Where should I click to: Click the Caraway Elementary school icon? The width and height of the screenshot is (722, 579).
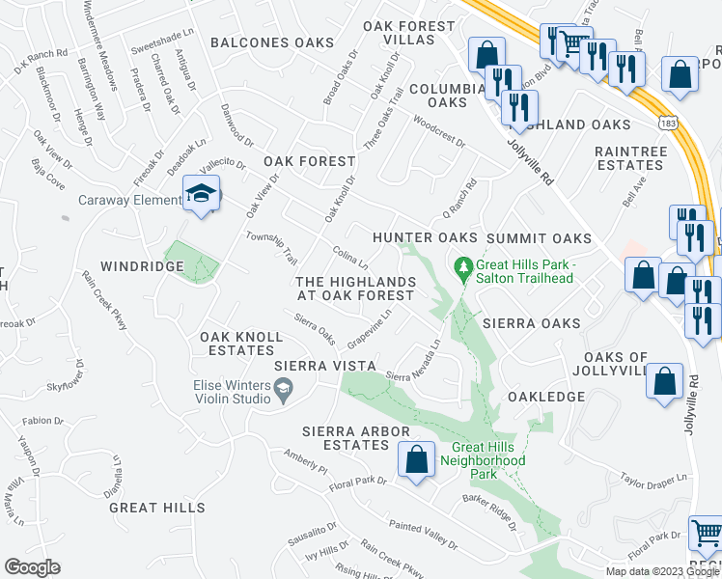point(202,194)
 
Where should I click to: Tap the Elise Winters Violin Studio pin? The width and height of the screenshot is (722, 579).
point(282,389)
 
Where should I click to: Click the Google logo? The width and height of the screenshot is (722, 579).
point(32,567)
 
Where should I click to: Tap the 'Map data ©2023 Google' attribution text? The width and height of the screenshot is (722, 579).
point(661,571)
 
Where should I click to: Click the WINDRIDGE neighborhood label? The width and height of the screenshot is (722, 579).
point(137,264)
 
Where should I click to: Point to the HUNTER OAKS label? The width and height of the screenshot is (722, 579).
point(425,237)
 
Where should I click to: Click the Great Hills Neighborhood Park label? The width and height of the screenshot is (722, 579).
point(489,460)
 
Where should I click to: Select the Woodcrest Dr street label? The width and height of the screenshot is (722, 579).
point(438,131)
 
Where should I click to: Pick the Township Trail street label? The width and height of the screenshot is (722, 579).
point(271,247)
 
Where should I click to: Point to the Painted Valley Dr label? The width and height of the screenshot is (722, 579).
point(424,536)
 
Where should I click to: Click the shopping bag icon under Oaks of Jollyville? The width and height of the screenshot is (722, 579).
point(665,380)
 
